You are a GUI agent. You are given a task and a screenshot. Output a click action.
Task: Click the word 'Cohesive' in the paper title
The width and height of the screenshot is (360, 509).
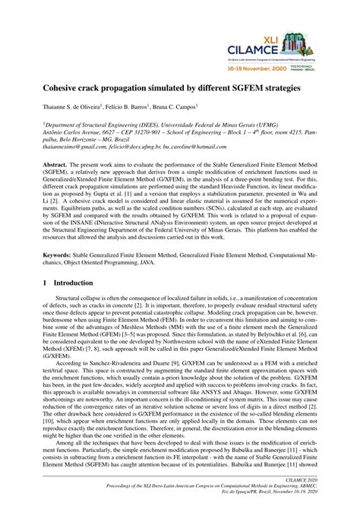click(65, 89)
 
